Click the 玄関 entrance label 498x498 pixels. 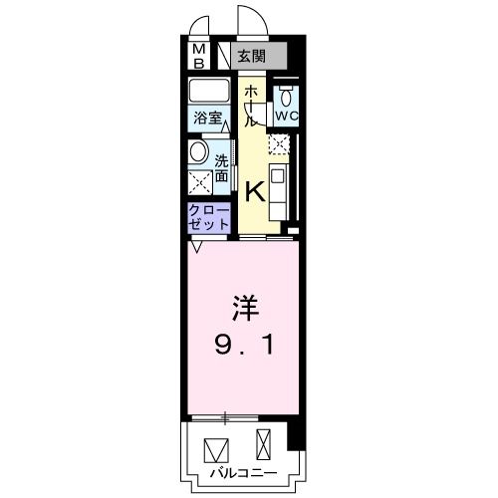pyautogui.click(x=254, y=55)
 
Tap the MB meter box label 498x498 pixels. pyautogui.click(x=198, y=55)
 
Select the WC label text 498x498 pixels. pyautogui.click(x=287, y=116)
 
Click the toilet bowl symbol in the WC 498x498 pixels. pyautogui.click(x=287, y=96)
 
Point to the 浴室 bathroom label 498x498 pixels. pyautogui.click(x=207, y=117)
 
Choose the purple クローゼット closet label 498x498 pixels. pyautogui.click(x=209, y=218)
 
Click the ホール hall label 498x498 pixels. pyautogui.click(x=252, y=104)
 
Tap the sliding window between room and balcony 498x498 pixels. pyautogui.click(x=236, y=417)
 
